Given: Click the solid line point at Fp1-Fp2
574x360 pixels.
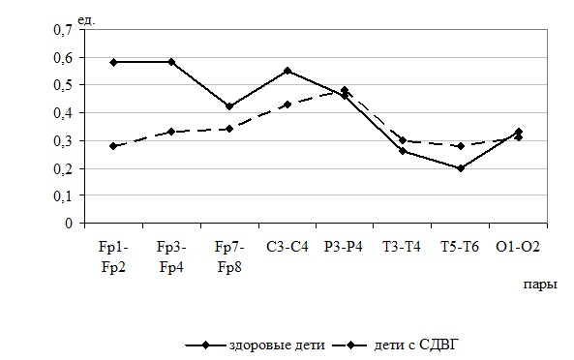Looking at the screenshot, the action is (x=113, y=62).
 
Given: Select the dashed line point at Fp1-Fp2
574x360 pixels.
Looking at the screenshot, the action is (x=113, y=146).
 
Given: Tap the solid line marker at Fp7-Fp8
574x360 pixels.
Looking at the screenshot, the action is (x=229, y=106).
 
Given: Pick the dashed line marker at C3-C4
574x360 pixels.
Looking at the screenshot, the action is (x=287, y=105).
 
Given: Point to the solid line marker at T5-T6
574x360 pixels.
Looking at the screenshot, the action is (x=461, y=168).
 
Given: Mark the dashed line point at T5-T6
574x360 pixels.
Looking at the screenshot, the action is (x=461, y=146).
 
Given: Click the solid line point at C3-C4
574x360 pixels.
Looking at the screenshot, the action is (x=287, y=71).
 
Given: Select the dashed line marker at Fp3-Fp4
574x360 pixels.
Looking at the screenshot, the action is (x=171, y=132).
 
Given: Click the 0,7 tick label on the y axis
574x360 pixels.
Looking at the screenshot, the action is (x=63, y=30).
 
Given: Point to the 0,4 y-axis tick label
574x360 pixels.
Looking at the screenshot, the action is (x=63, y=113).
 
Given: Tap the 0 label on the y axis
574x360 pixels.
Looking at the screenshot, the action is (x=69, y=223).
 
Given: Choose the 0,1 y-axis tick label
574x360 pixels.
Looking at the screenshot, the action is (x=63, y=196).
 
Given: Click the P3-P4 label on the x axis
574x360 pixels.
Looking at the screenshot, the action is (x=344, y=247).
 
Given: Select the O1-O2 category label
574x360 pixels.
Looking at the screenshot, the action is (x=518, y=247).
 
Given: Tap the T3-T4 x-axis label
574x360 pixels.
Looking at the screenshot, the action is (x=402, y=247).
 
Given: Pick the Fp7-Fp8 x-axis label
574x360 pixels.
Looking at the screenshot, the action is (x=229, y=257).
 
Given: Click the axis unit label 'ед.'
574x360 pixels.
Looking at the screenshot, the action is (x=86, y=20).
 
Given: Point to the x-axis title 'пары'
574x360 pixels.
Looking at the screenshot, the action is (x=540, y=285).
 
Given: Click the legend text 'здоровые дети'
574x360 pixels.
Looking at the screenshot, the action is (x=277, y=345).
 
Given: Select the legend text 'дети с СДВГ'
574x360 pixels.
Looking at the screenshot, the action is (x=416, y=345).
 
